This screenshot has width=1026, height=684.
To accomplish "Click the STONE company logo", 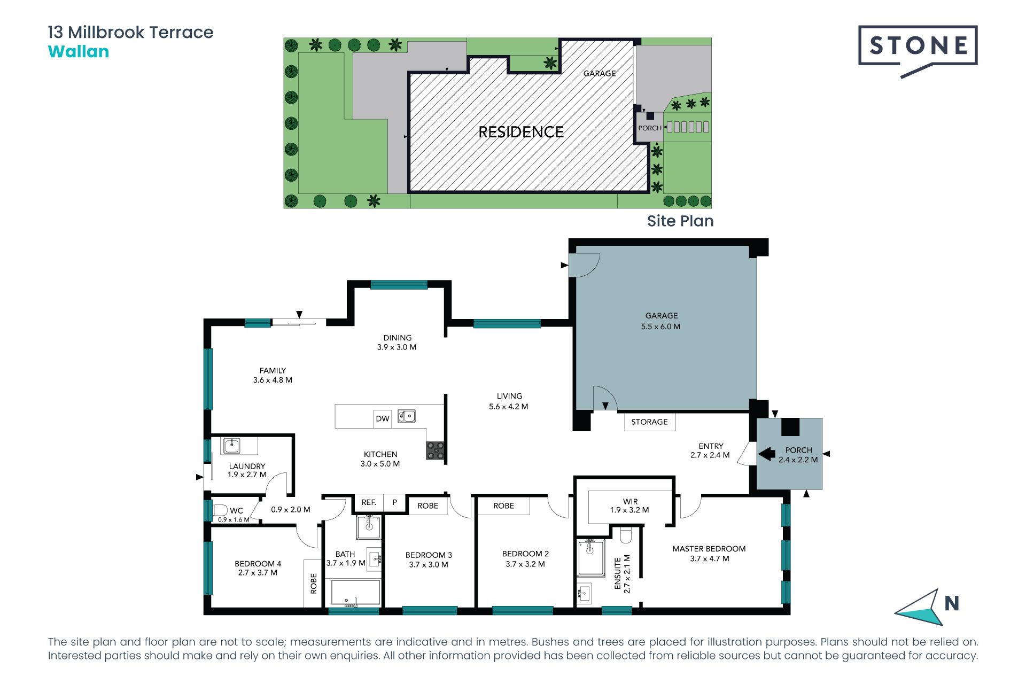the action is (918, 51).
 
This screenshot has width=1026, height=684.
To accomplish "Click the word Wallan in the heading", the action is (79, 52).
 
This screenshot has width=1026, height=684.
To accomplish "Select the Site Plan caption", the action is (680, 221).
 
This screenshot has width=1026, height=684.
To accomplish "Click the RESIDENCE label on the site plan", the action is (521, 132).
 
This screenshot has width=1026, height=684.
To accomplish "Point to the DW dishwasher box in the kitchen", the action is (383, 418).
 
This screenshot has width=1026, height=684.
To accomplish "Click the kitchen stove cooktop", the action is (436, 450).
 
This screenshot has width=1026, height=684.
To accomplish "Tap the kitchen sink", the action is (407, 416).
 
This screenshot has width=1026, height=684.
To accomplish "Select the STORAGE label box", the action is (650, 422).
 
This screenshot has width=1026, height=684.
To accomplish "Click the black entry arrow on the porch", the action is (767, 454).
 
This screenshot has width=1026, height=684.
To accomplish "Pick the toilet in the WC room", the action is (220, 509).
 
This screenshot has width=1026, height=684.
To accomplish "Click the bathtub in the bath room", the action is (355, 593).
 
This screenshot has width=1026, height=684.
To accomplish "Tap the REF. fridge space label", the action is (369, 502).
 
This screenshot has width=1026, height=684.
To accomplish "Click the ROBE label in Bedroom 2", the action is (504, 506).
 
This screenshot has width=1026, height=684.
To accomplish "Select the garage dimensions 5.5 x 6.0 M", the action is (661, 327).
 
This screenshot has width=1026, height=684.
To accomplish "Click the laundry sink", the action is (231, 446).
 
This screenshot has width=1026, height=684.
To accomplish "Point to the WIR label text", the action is (631, 501).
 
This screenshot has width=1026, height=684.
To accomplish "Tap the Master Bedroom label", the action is (709, 549).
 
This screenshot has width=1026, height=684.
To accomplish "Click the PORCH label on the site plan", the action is (650, 128).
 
